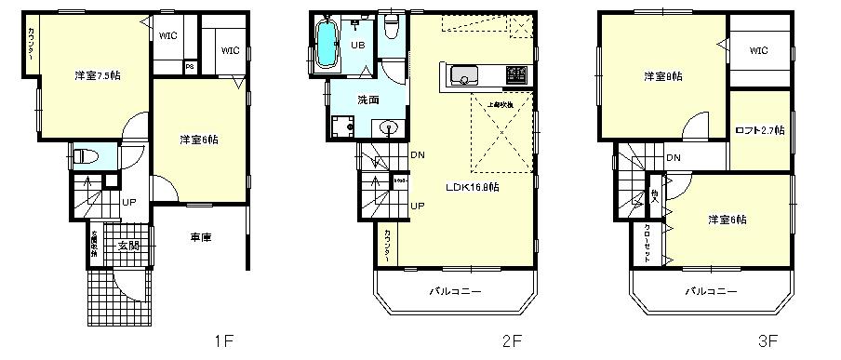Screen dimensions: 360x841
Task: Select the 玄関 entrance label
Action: (x=128, y=246)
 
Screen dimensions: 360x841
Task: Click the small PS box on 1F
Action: (x=190, y=66)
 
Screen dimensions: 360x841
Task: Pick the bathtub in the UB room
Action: (x=327, y=45)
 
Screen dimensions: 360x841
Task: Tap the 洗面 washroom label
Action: (x=367, y=100)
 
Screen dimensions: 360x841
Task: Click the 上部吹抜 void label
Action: (x=501, y=104)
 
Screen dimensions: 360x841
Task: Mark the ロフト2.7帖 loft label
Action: (x=759, y=130)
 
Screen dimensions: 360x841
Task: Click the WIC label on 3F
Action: (x=757, y=51)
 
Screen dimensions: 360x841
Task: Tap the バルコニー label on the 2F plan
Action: (x=455, y=291)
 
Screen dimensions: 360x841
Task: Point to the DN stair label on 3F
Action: (x=673, y=157)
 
